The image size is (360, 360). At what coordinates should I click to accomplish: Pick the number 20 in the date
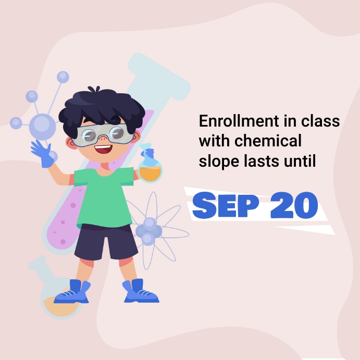(294, 205)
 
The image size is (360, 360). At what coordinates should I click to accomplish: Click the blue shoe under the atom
(140, 292)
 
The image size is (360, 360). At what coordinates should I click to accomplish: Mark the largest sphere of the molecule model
(42, 126)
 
